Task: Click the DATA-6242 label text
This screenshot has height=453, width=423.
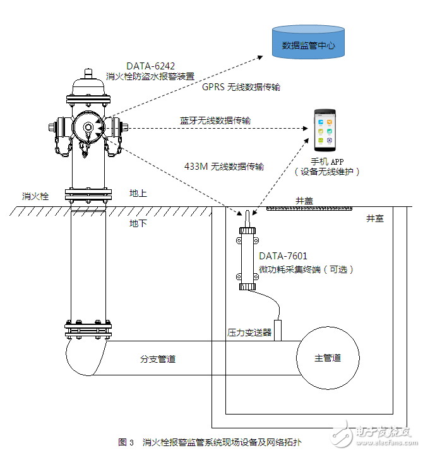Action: (150, 66)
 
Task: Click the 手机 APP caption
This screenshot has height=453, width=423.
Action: (327, 161)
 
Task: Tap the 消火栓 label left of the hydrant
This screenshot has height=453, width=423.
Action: (35, 196)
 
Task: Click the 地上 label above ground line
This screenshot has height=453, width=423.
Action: (138, 193)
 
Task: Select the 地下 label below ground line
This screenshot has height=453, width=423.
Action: (138, 223)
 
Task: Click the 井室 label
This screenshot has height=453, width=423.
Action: (375, 218)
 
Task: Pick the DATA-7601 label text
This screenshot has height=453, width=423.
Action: (283, 256)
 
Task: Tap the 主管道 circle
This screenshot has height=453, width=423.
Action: (328, 358)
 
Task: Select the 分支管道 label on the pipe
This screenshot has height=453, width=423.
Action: (158, 359)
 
